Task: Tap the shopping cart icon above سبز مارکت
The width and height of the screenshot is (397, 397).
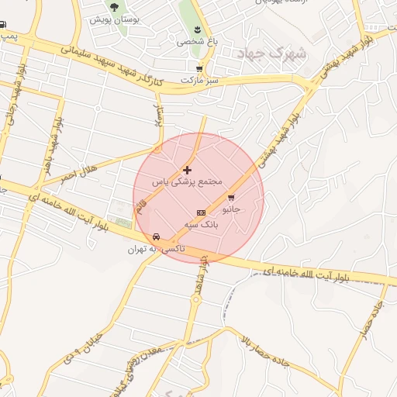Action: click(x=200, y=68)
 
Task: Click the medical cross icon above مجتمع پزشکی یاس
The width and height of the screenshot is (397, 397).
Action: click(x=187, y=169)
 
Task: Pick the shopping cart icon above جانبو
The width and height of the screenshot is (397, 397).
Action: click(x=231, y=198)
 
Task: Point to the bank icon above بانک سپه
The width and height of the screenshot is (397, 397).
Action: click(x=202, y=212)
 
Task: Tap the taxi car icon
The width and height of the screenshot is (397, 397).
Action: click(x=157, y=236)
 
